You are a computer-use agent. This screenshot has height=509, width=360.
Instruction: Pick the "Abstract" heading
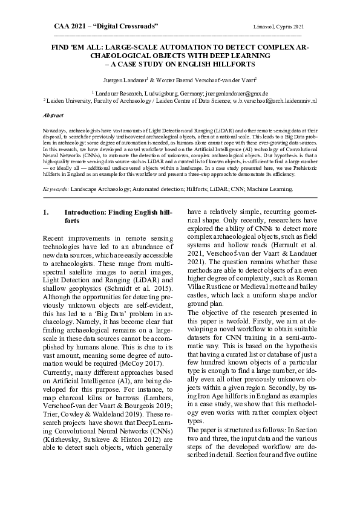point(54,114)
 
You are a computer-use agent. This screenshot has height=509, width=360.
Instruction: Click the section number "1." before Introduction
point(47,213)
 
